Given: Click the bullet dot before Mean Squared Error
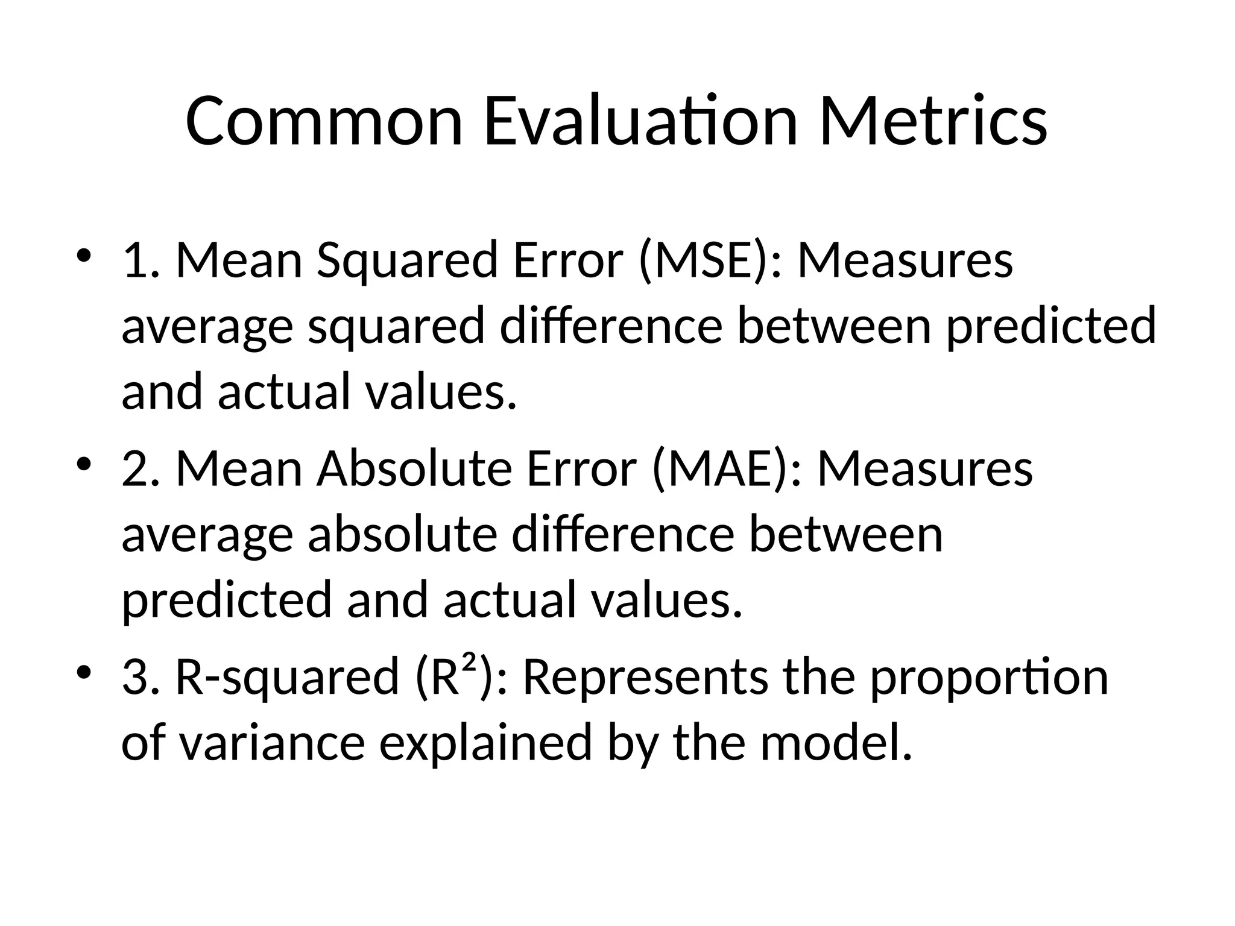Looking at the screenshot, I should [84, 256].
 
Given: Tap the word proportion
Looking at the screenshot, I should [989, 679].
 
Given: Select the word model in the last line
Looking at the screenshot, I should [835, 742].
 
